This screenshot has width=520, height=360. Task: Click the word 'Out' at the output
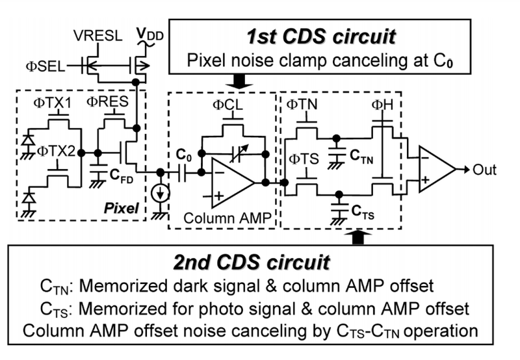coord(484,170)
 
